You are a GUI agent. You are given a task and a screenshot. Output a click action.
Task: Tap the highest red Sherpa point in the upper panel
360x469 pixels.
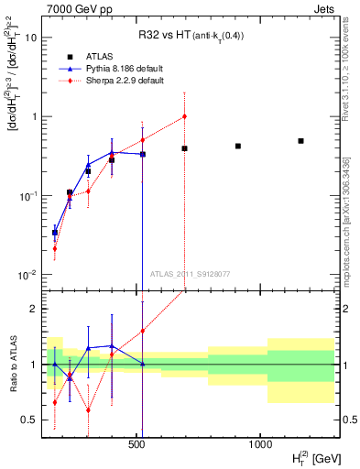tap(184, 116)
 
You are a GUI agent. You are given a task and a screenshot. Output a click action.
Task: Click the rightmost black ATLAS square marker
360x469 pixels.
tap(300, 141)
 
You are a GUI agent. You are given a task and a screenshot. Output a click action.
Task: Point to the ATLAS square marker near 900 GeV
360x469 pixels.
tap(238, 146)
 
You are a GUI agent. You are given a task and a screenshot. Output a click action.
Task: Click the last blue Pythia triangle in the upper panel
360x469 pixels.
tap(143, 154)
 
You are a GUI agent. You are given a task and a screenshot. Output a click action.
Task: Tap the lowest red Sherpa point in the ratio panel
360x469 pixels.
tap(88, 409)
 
